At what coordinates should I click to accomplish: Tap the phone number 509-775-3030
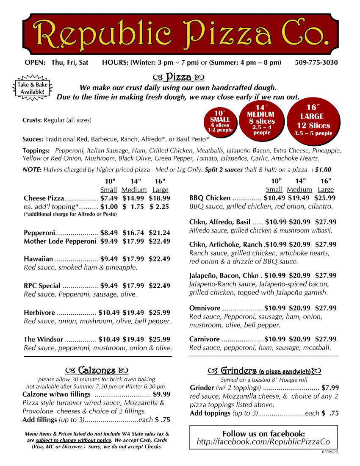click(316, 63)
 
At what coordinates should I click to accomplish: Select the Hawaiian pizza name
click(39, 259)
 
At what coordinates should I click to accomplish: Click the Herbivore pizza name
click(39, 313)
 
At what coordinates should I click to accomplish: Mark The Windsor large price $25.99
click(159, 339)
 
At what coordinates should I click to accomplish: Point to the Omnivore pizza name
click(205, 308)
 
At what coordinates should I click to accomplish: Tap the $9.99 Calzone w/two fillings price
click(161, 394)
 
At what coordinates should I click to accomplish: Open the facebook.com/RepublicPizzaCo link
click(263, 442)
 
